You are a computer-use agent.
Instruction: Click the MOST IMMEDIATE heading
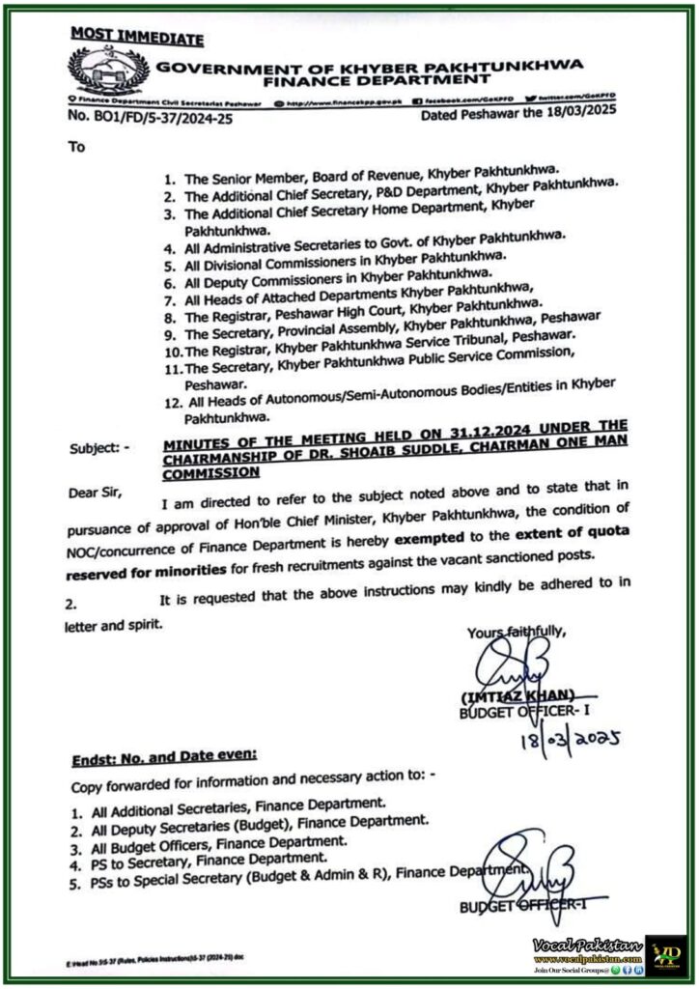click(x=136, y=38)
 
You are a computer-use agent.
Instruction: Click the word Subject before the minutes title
click(x=97, y=449)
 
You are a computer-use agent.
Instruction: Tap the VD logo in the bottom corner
click(x=664, y=951)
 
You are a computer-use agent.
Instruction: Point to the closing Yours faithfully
click(x=515, y=633)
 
